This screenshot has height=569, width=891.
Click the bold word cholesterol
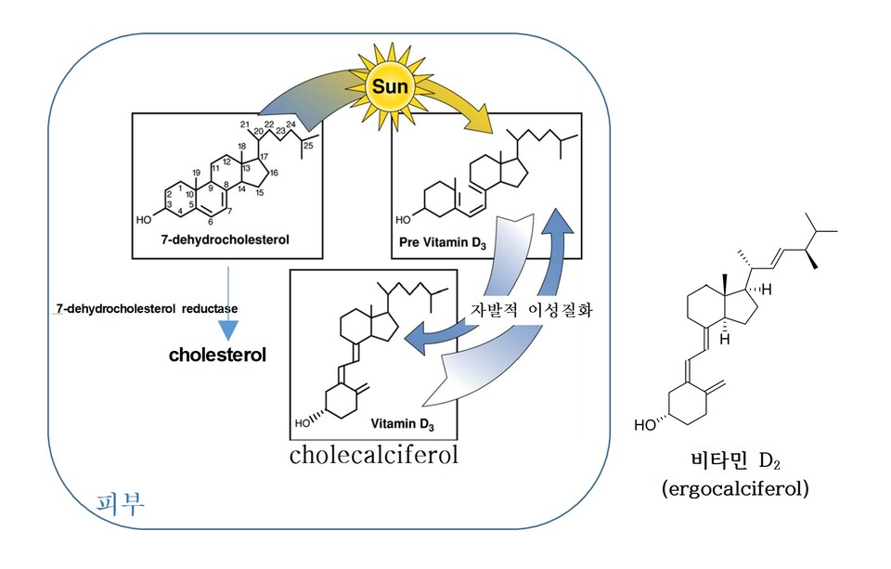click(x=217, y=354)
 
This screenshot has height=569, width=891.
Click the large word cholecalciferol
click(x=374, y=456)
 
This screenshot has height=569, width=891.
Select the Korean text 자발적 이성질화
click(x=532, y=311)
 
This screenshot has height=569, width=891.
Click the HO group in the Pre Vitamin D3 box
click(x=404, y=221)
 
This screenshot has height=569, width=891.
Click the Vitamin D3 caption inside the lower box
click(x=402, y=424)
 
